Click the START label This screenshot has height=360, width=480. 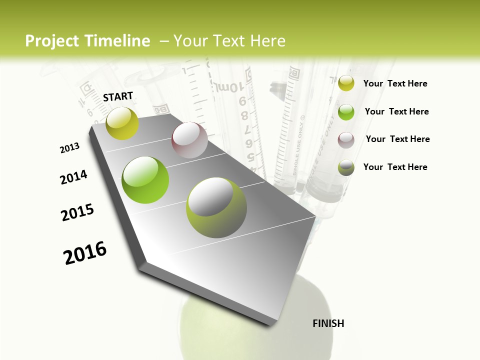118,96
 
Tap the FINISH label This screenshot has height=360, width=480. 328,323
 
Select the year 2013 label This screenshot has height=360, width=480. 70,148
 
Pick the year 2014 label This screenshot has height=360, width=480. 73,177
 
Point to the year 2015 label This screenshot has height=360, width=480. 77,212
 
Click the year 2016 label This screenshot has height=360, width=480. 85,252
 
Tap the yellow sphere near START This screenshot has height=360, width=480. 122,123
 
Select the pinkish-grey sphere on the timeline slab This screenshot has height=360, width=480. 189,140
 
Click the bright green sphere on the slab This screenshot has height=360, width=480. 145,180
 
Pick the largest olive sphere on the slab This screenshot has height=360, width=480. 216,207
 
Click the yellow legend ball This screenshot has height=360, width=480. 346,83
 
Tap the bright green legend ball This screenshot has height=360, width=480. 346,112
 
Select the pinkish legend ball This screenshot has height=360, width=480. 346,139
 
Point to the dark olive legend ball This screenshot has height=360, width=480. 346,167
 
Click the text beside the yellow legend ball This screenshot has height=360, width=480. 395,84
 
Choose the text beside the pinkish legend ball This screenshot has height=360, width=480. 397,139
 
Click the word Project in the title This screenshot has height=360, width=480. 52,41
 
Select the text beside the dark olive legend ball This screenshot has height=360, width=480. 395,167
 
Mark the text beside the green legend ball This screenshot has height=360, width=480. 396,111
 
